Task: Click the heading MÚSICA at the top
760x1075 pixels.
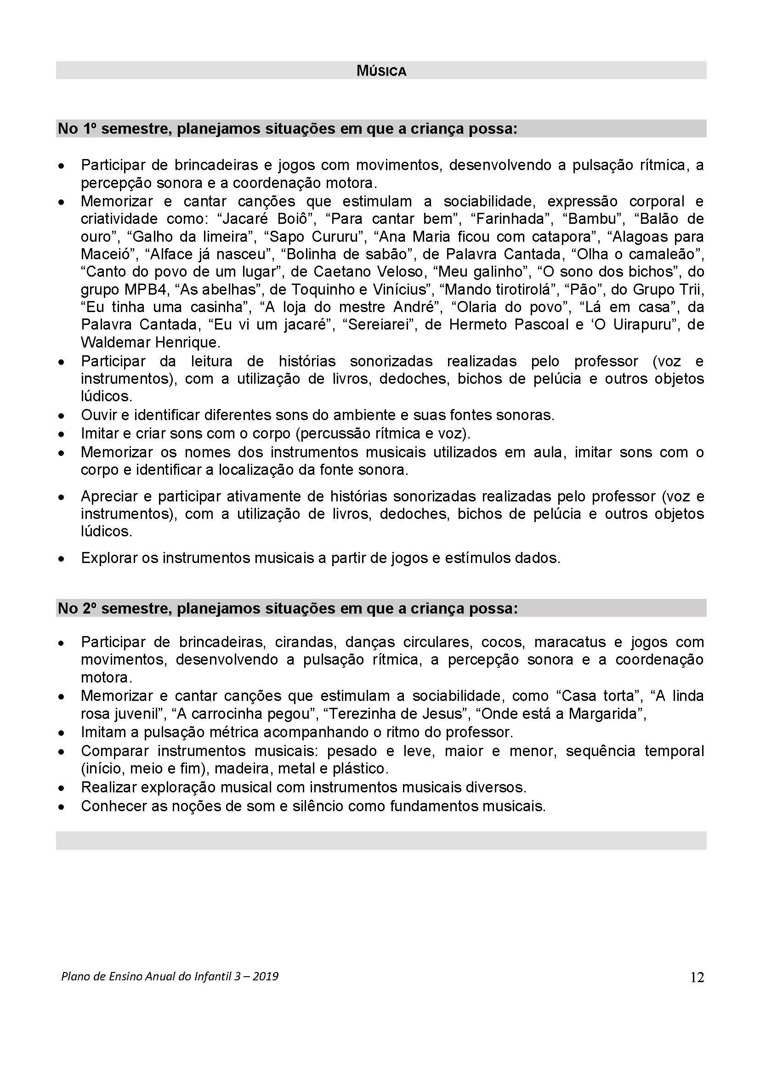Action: click(381, 71)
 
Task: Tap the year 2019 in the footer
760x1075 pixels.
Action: click(266, 976)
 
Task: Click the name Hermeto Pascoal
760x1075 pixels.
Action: click(509, 324)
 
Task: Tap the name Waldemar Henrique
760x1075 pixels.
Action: click(150, 342)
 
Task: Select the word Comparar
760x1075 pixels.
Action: click(114, 751)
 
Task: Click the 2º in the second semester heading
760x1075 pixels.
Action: click(89, 608)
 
